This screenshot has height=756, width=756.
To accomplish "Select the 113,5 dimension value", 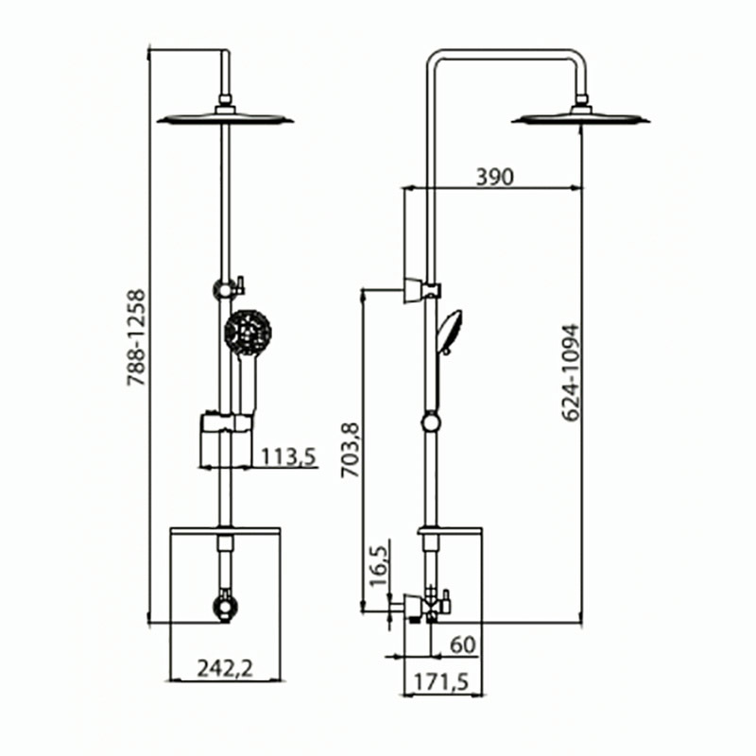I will coord(288,458).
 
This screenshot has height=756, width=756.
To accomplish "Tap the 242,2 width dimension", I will coord(226,669).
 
